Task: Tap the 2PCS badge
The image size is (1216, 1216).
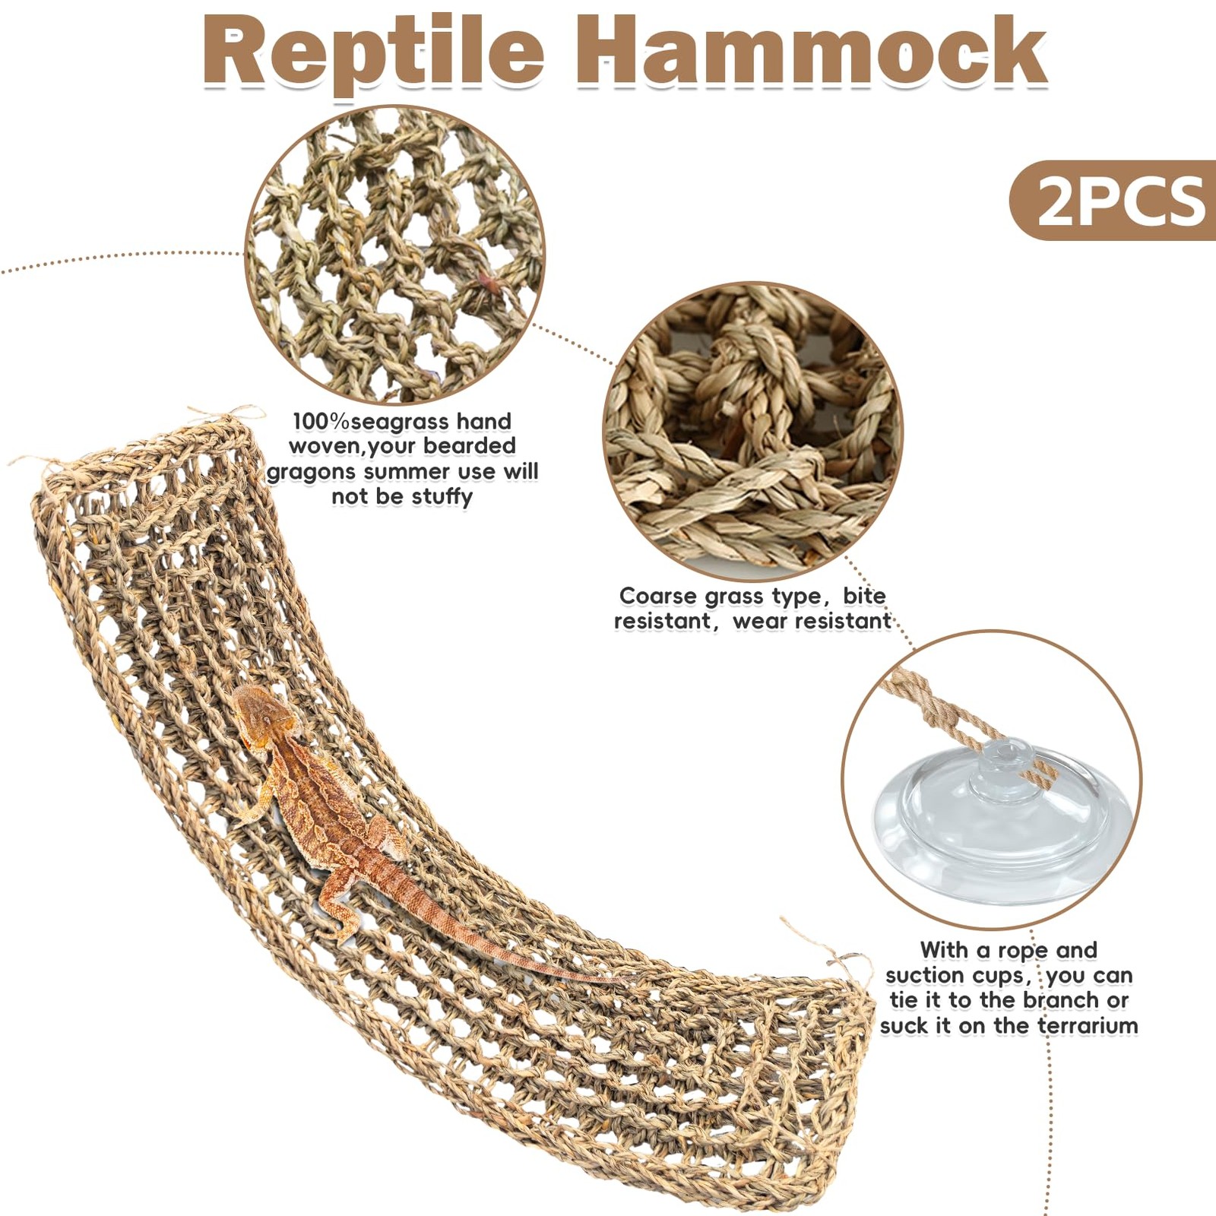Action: pos(1120,201)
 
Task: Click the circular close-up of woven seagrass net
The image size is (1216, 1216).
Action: pos(394,255)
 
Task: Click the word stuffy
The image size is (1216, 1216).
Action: pos(442,497)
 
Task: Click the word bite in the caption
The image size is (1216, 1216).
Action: pos(864,597)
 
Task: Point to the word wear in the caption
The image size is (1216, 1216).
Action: pos(759,622)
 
